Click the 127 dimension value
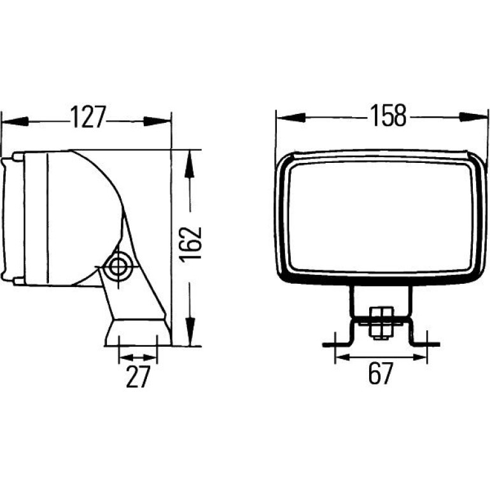(88, 117)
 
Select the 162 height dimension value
(191, 244)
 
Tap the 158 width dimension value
(388, 116)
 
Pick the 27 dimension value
(139, 376)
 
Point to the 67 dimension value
(381, 373)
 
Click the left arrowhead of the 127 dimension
(15, 122)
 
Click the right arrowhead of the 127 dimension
(157, 122)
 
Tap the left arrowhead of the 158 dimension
(291, 118)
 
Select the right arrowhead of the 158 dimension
(473, 117)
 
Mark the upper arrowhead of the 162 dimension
(190, 164)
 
